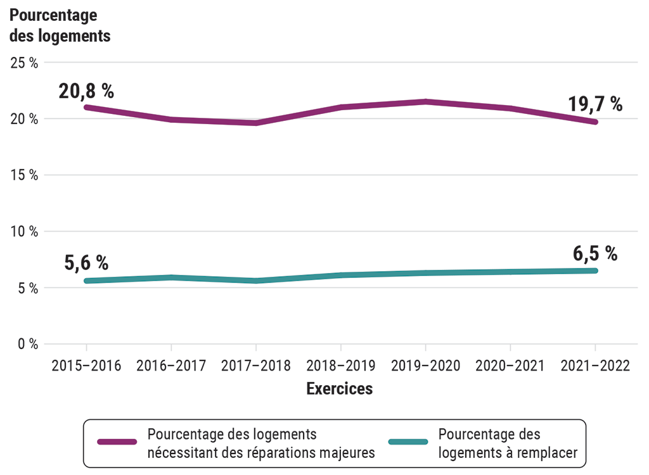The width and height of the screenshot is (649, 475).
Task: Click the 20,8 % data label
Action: [x=86, y=91]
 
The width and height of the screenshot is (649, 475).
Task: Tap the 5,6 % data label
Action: [x=86, y=263]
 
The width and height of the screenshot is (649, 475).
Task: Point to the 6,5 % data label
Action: [x=594, y=254]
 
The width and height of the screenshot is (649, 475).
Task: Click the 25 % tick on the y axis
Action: [x=25, y=63]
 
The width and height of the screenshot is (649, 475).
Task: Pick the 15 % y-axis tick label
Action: [x=25, y=175]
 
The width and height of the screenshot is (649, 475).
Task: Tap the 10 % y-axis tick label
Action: [x=25, y=232]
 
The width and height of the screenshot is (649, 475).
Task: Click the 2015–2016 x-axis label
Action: [x=86, y=366]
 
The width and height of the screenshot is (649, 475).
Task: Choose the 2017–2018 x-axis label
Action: [x=255, y=366]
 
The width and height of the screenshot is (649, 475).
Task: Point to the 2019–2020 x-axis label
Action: [x=425, y=366]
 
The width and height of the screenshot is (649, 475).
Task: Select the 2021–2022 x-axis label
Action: [x=594, y=366]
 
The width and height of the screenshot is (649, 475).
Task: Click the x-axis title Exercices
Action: [x=340, y=389]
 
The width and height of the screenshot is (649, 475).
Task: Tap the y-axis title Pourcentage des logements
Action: [x=60, y=26]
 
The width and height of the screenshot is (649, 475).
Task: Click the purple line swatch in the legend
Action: [x=117, y=442]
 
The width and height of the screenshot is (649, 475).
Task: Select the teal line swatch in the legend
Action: [x=407, y=442]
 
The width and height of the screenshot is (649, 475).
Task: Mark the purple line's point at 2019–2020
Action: [x=425, y=101]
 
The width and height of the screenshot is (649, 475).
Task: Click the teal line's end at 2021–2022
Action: [x=594, y=270]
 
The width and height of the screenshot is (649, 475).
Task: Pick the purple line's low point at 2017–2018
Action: [x=255, y=123]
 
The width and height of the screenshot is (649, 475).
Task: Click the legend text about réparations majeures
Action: [x=261, y=444]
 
